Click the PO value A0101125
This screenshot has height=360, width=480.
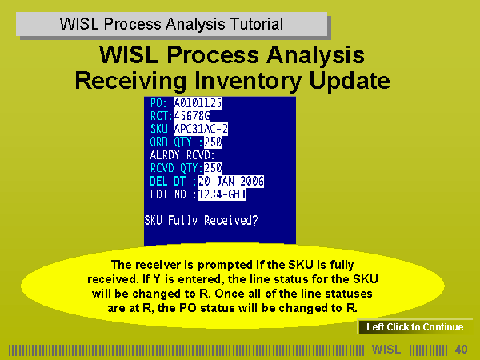click(x=198, y=103)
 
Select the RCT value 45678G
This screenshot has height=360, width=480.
click(x=192, y=116)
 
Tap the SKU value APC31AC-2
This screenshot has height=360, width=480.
click(x=201, y=129)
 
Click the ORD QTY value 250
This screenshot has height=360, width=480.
click(x=213, y=142)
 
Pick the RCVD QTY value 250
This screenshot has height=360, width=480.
click(x=213, y=168)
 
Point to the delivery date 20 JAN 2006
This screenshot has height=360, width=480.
click(x=231, y=182)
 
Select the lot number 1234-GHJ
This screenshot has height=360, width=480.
click(x=222, y=194)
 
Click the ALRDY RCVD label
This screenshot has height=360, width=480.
click(x=182, y=155)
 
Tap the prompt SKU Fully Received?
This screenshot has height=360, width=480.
click(x=201, y=221)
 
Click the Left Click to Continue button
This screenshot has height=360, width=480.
click(x=414, y=327)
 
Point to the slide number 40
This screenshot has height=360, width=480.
click(x=461, y=350)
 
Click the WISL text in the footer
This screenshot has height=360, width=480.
click(x=386, y=350)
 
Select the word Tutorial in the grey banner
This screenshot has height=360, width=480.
click(x=257, y=24)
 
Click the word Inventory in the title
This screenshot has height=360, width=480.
click(x=248, y=81)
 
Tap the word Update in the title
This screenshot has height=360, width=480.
click(x=350, y=81)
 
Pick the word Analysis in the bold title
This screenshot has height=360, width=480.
click(x=315, y=55)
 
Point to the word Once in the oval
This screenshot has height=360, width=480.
click(x=228, y=294)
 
